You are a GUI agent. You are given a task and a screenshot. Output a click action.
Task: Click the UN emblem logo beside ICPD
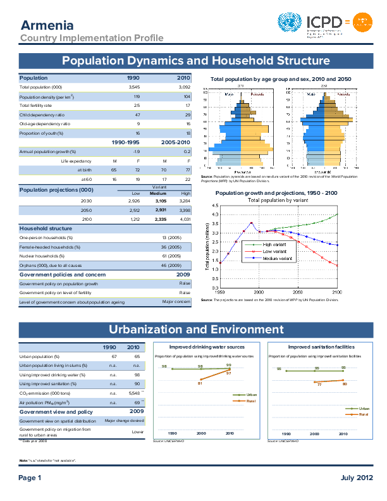pos(290,23)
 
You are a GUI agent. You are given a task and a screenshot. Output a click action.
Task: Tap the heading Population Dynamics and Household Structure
pos(196,61)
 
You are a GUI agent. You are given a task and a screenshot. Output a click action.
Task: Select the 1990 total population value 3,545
pos(134,87)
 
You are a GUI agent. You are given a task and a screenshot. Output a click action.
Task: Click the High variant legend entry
pos(276,244)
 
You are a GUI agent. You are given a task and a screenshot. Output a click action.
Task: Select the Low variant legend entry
pos(276,251)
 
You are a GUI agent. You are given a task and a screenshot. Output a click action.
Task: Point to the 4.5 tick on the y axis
pos(215,206)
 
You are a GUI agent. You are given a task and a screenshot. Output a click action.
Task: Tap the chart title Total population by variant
pos(278,200)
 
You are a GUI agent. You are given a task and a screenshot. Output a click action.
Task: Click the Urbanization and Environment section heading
pos(196,330)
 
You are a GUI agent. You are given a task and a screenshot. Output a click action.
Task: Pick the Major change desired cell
pos(125,421)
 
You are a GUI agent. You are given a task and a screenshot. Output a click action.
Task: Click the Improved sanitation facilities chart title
pos(317,347)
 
